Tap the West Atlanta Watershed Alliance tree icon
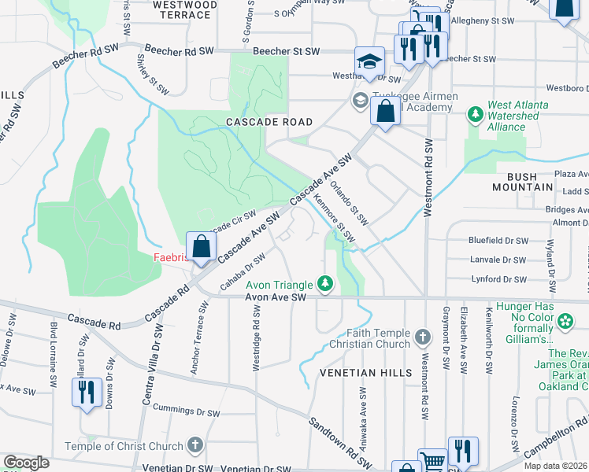[x=475, y=116]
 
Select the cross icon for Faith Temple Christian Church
[x=423, y=337]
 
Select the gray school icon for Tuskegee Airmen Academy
[x=360, y=100]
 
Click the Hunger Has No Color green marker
[x=565, y=321]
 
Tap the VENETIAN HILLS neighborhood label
[x=365, y=372]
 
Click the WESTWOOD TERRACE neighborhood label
[x=185, y=9]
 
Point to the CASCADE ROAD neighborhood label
[x=269, y=122]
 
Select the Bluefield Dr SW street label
[x=497, y=240]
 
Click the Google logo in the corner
[x=26, y=463]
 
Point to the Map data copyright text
[x=555, y=466]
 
